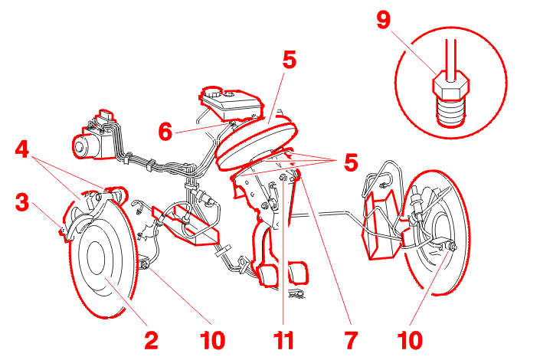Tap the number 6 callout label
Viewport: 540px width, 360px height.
tap(165, 132)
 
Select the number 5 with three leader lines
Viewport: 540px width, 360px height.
tap(351, 163)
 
